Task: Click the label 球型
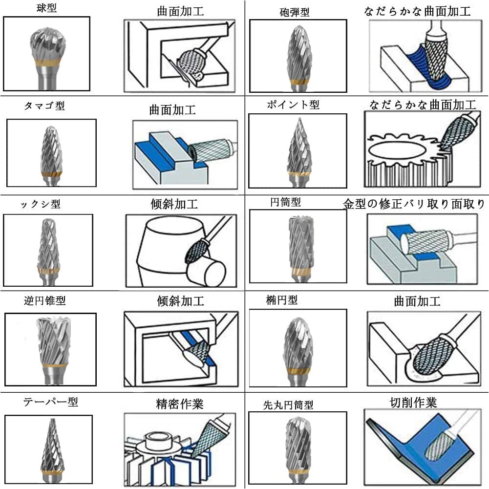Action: coord(47,7)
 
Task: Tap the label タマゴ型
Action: coord(44,106)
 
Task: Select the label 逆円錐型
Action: coord(44,300)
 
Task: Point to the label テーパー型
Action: coord(50,402)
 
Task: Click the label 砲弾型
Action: coord(295,12)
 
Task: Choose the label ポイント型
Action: coord(293,105)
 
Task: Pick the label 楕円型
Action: coord(281,300)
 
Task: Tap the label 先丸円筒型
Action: coord(288,405)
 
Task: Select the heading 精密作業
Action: coord(180,404)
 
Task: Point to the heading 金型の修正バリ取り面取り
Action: coord(414,204)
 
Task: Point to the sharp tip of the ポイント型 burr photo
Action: coord(299,119)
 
